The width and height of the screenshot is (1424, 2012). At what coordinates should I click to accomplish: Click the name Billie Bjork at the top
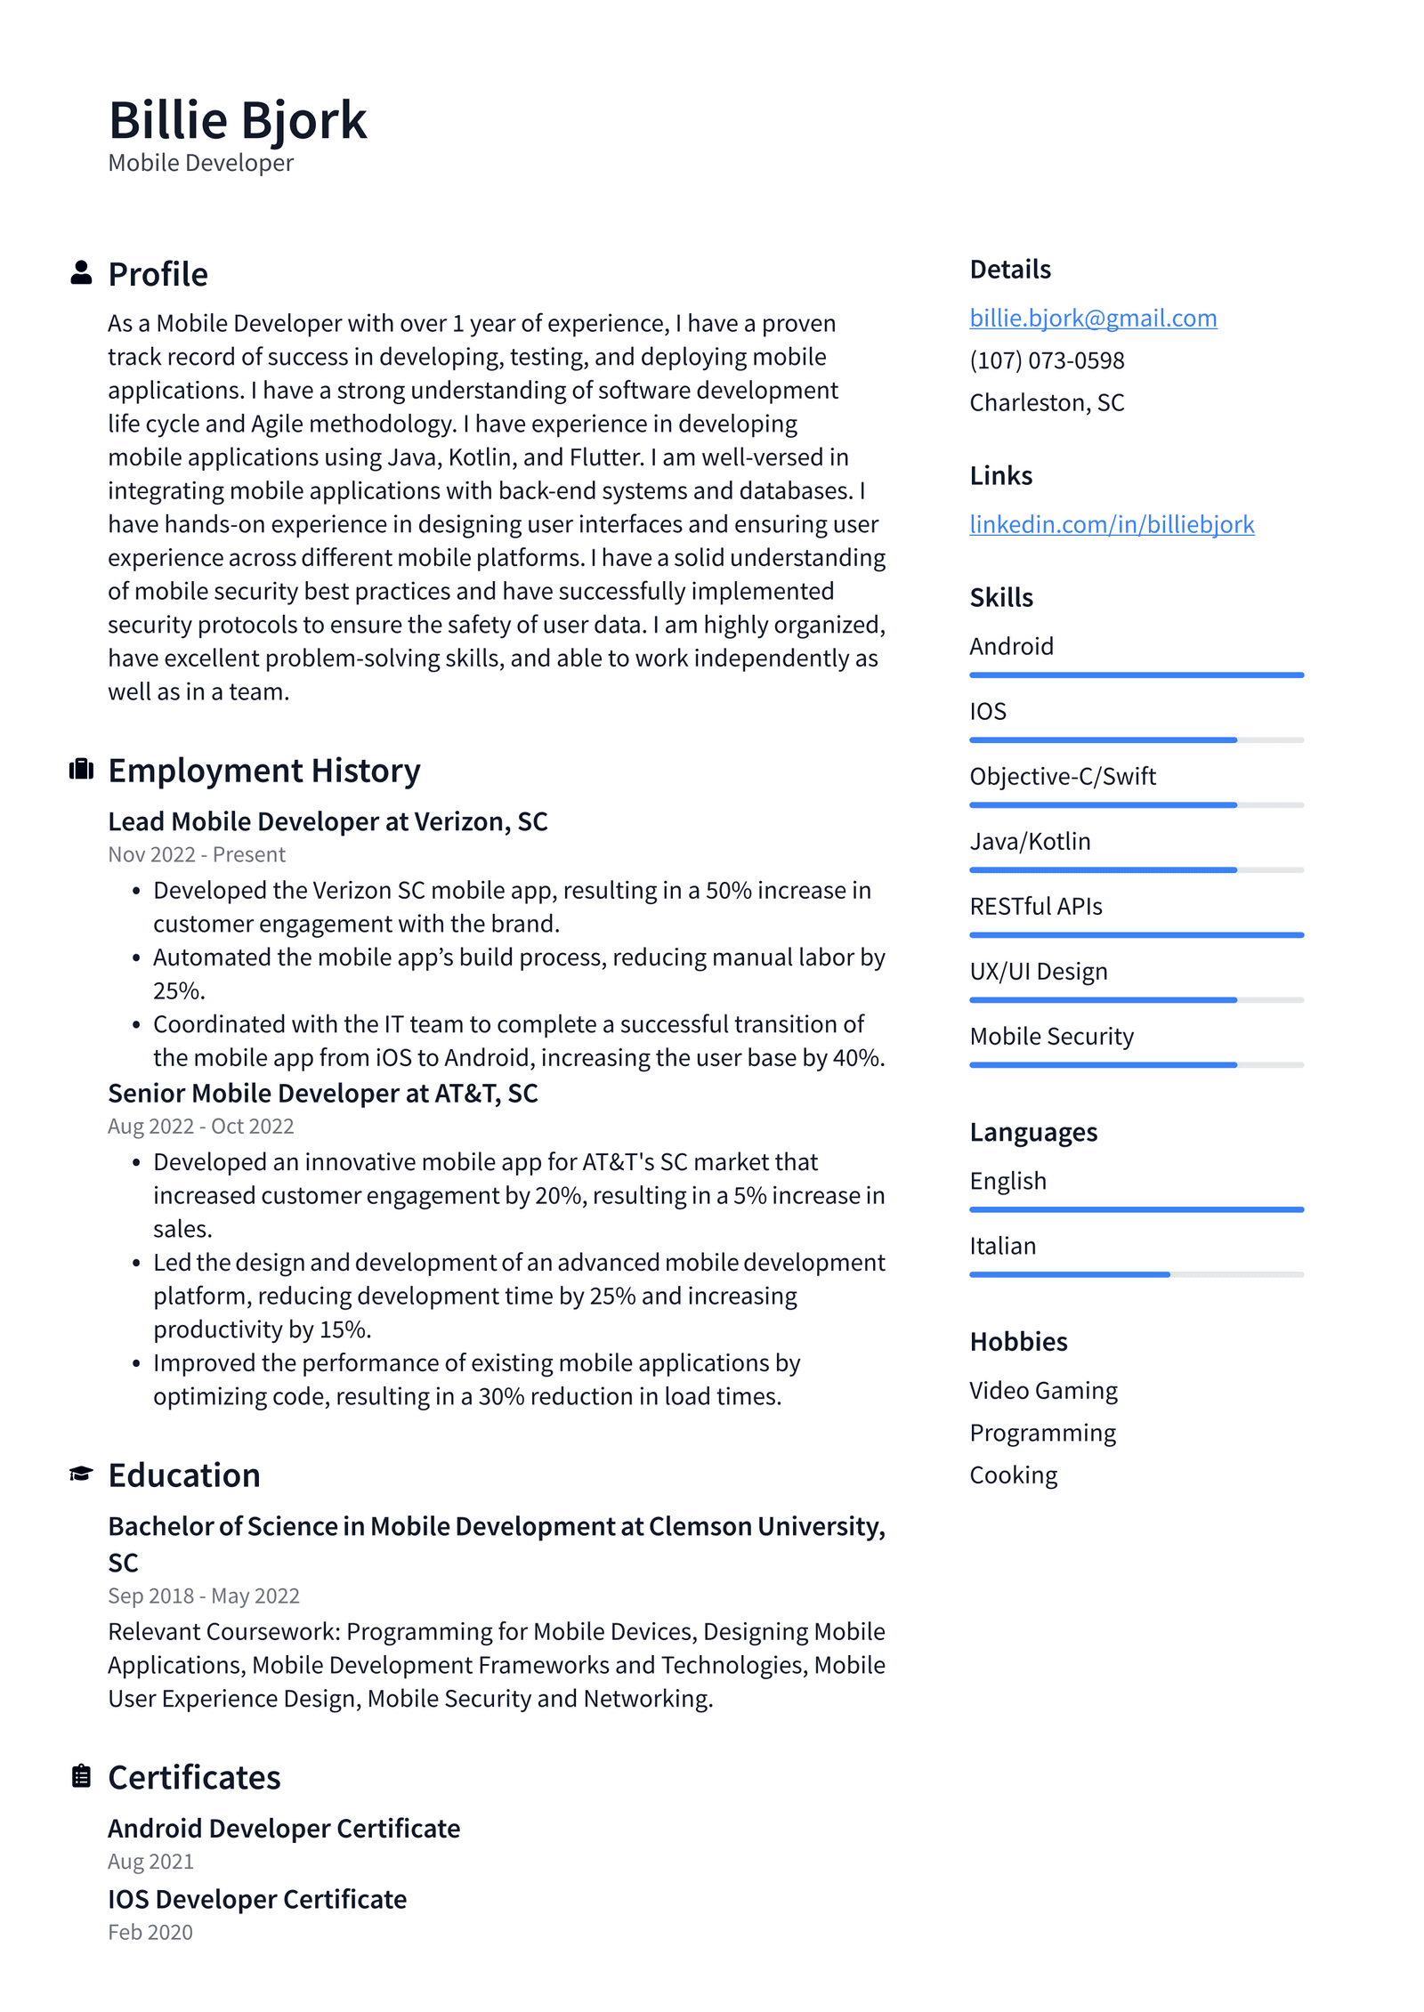click(x=237, y=120)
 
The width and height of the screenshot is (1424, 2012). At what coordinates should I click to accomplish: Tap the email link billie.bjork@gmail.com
click(x=1092, y=318)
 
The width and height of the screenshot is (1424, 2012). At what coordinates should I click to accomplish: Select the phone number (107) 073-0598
click(x=1046, y=360)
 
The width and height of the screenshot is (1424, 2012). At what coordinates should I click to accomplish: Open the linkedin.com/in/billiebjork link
click(x=1111, y=524)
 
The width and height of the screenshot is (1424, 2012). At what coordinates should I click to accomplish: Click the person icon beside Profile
click(x=81, y=273)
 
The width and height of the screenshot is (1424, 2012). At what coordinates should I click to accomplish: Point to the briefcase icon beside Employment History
click(x=81, y=769)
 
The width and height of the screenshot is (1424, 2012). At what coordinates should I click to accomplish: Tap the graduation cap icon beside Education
click(x=81, y=1474)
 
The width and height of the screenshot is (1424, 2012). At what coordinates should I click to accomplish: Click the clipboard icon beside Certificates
click(x=81, y=1775)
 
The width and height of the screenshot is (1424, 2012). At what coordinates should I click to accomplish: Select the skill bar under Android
click(x=1136, y=675)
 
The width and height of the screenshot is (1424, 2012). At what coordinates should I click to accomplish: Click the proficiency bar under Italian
click(x=1136, y=1274)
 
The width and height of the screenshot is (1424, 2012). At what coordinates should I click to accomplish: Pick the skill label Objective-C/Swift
click(x=1062, y=776)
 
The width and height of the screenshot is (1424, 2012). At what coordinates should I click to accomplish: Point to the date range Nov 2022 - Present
click(x=196, y=854)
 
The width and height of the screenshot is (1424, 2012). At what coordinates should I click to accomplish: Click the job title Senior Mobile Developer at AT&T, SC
click(x=322, y=1093)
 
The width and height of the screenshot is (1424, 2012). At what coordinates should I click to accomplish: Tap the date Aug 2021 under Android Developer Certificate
click(x=150, y=1861)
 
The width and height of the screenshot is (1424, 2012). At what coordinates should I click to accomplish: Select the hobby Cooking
click(x=1013, y=1475)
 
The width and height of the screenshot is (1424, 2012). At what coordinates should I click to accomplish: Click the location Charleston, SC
click(x=1046, y=403)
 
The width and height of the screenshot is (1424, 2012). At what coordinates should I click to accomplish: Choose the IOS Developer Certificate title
click(x=256, y=1899)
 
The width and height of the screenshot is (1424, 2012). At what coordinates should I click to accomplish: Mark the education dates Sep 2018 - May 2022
click(x=203, y=1596)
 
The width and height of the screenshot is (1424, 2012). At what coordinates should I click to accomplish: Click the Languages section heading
click(x=1032, y=1132)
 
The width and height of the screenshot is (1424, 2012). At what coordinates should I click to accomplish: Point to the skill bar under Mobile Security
click(x=1136, y=1064)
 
